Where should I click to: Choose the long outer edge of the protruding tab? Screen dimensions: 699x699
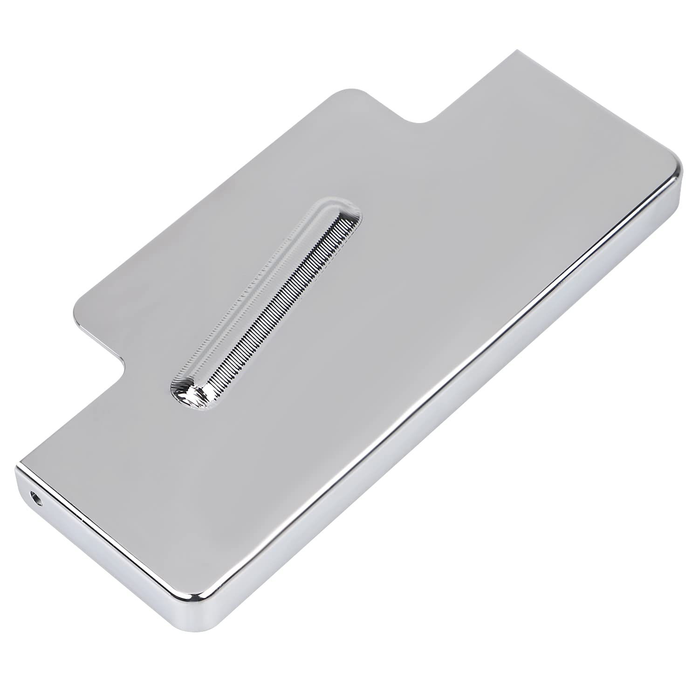point(205,196)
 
